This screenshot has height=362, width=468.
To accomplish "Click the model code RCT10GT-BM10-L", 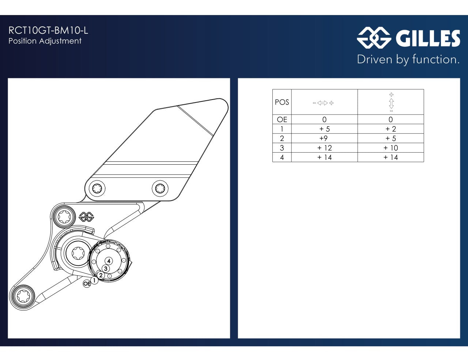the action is (x=48, y=30).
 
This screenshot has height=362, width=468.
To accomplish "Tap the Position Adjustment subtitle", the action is (x=45, y=41).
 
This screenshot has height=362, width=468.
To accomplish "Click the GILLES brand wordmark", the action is (x=428, y=38).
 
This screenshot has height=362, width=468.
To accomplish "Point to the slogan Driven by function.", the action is (x=408, y=60).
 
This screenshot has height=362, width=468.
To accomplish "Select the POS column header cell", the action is (x=282, y=102).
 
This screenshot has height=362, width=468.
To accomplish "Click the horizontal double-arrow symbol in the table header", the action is (x=323, y=103).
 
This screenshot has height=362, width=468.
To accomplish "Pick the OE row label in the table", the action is (x=282, y=119).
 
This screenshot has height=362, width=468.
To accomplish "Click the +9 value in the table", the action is (x=324, y=138).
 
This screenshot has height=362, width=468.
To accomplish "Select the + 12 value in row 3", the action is (x=325, y=148).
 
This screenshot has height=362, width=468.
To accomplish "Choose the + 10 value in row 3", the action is (x=391, y=148).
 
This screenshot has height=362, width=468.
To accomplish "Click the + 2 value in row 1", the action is (x=391, y=129).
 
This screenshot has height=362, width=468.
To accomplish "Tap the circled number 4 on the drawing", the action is (x=109, y=261).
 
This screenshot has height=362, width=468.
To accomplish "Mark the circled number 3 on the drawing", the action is (x=106, y=269).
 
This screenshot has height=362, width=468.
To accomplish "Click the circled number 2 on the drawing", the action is (x=101, y=275).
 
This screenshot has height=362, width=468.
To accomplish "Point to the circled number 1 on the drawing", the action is (x=94, y=280).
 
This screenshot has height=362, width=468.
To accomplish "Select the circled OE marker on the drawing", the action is (x=87, y=284).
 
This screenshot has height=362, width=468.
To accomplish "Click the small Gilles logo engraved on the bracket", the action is (x=86, y=217).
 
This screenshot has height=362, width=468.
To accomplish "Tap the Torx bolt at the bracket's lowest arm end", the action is (x=22, y=296).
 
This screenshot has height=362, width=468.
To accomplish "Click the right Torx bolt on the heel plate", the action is (x=160, y=189).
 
